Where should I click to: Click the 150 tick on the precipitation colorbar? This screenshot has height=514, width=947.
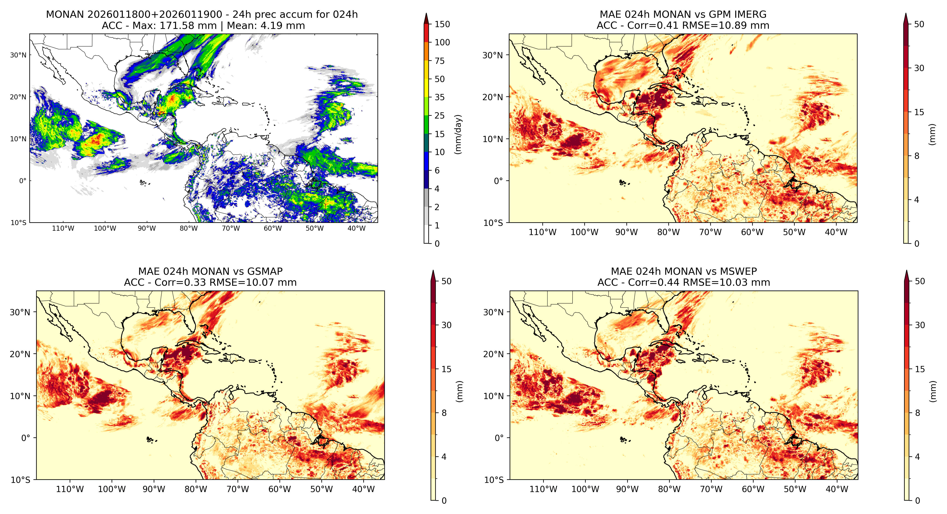(442, 24)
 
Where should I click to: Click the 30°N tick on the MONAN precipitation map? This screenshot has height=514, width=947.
(18, 55)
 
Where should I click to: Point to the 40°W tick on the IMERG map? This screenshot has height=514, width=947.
(836, 232)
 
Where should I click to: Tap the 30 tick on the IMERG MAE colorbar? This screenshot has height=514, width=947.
(919, 68)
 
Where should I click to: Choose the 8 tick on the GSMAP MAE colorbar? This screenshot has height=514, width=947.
(444, 413)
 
